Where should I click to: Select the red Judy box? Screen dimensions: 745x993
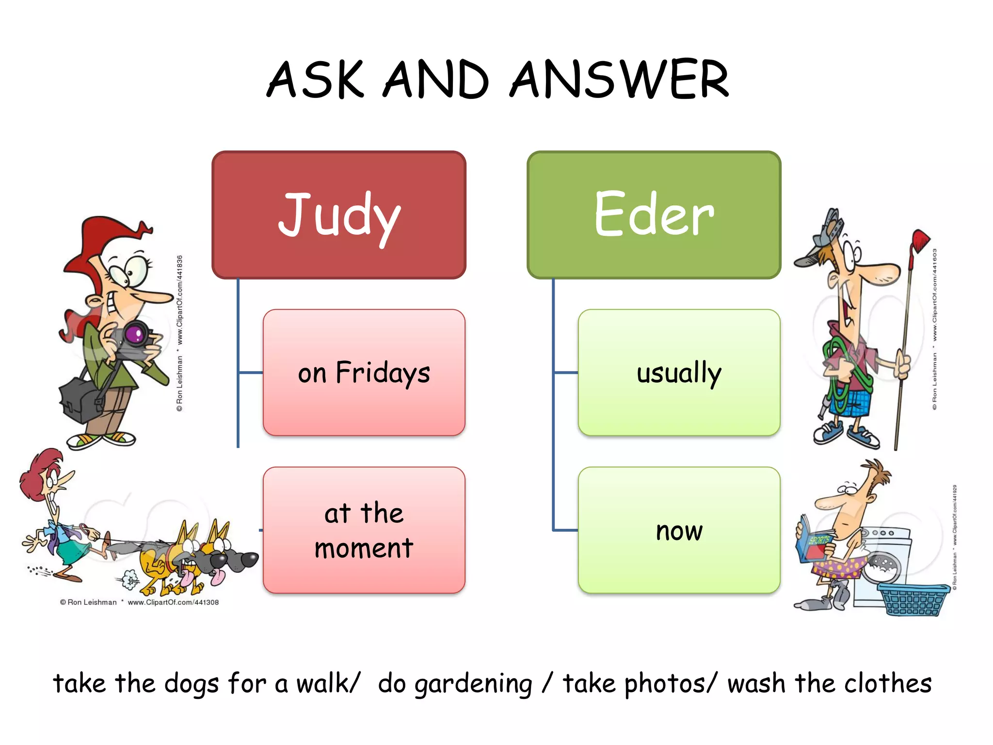point(339,215)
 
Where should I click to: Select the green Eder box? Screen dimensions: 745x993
point(654,215)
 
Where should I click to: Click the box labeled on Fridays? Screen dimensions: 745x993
point(364,372)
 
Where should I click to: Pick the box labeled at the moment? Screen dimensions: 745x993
point(364,530)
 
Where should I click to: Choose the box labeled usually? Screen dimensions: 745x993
point(679,372)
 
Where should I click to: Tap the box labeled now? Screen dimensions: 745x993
point(679,530)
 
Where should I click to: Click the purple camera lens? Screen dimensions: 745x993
point(135,334)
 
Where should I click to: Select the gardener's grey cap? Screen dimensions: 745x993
point(824,238)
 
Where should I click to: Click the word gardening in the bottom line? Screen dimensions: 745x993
point(473,684)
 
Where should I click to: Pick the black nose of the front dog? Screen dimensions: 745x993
point(249,560)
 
